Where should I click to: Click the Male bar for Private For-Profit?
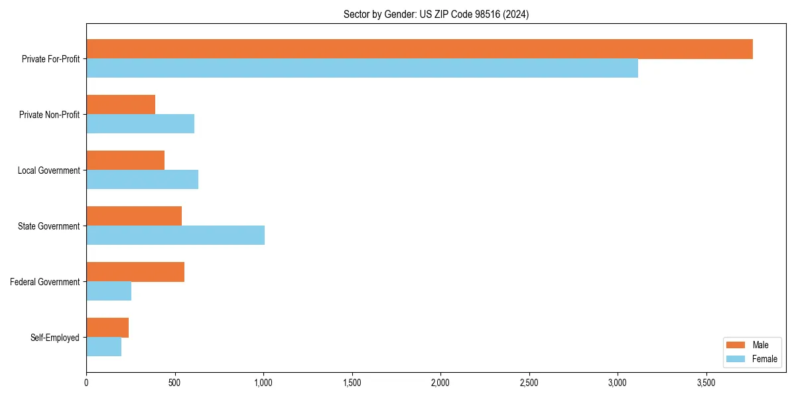point(419,49)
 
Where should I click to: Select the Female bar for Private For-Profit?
point(362,68)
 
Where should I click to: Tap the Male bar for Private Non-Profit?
point(121,105)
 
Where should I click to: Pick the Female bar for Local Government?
point(142,180)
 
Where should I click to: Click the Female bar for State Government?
point(175,235)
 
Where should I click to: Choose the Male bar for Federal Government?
point(135,272)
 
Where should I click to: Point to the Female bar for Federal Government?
point(109,291)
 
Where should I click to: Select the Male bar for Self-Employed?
point(107,328)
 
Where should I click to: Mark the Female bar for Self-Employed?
point(103,347)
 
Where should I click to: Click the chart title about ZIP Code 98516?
point(436,14)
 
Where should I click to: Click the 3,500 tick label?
point(706,383)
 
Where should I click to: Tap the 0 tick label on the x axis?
point(86,383)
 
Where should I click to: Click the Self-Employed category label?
point(55,338)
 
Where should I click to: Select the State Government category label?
point(48,226)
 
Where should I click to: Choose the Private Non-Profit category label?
point(49,115)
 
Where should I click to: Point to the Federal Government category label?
point(45,282)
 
